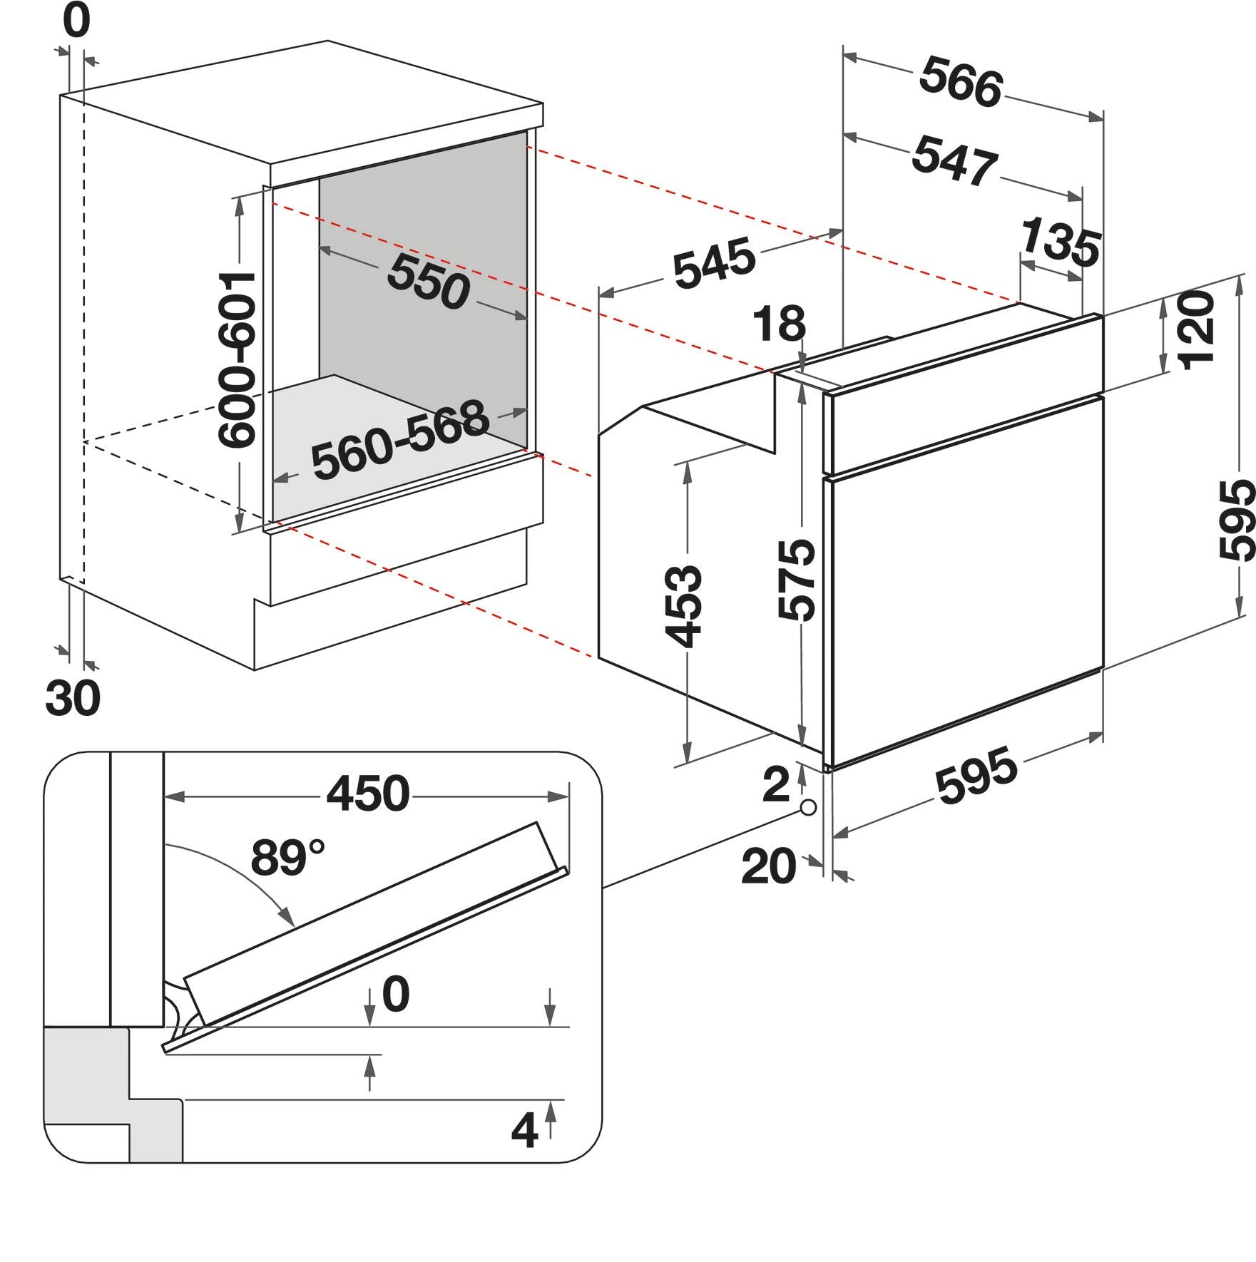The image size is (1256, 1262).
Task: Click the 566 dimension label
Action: (961, 83)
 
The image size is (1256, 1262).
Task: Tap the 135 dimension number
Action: (1060, 242)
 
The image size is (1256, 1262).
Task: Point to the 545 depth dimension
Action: (714, 264)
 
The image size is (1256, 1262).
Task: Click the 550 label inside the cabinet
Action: (428, 281)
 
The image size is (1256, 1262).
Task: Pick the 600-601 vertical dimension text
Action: (238, 360)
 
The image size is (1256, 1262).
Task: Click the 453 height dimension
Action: (683, 606)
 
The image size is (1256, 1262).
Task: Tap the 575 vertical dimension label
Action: (797, 580)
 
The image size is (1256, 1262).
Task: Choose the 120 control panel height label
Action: (1197, 330)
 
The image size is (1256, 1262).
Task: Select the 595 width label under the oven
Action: (976, 775)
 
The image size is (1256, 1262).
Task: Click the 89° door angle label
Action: (287, 857)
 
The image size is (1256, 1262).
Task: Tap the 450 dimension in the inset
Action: (368, 793)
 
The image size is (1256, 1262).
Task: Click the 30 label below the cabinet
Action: (73, 697)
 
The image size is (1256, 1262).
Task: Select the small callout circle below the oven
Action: (808, 808)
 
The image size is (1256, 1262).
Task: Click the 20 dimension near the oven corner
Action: (769, 866)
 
